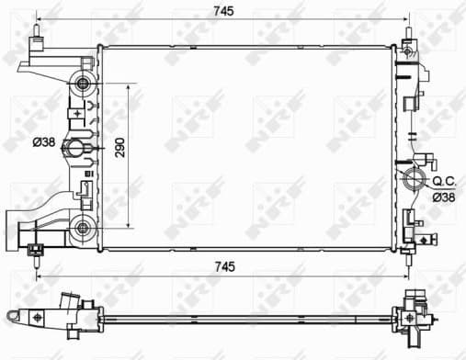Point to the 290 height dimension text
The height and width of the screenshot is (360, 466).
(x=119, y=150)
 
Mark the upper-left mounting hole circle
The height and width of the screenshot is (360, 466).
(x=84, y=85)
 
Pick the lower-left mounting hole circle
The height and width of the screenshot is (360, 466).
(x=84, y=227)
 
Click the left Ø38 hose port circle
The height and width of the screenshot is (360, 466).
(x=84, y=143)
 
